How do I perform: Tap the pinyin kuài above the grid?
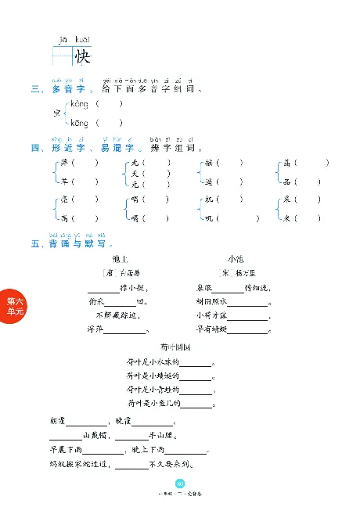point(82,39)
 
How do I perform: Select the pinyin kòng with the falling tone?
point(79,104)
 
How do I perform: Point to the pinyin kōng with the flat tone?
point(79,123)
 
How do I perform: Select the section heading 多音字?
point(67,89)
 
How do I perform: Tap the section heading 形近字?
point(67,148)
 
